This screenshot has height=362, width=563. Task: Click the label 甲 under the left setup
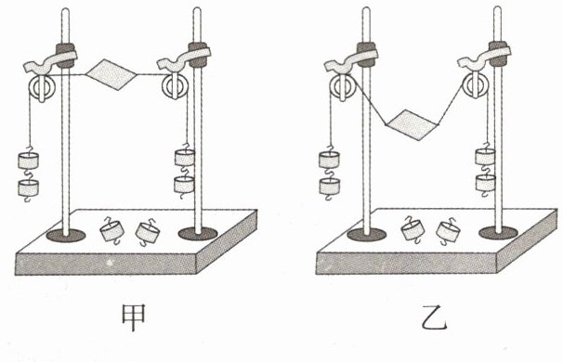click(x=134, y=317)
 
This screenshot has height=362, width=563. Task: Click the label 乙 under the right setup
click(x=435, y=317)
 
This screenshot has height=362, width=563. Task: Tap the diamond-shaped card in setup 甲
click(x=111, y=75)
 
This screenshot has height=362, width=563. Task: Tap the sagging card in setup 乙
click(x=412, y=124)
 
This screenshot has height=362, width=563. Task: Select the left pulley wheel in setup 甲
click(x=42, y=88)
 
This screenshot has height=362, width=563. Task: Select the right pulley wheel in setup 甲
click(x=176, y=86)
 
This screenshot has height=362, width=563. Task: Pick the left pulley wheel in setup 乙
click(x=343, y=88)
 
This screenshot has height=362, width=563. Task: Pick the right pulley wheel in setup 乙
click(x=476, y=86)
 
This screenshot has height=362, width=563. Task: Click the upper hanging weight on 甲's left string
click(x=28, y=160)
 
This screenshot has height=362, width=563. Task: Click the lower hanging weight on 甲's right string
click(x=184, y=185)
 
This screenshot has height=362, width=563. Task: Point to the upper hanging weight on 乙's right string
click(x=486, y=157)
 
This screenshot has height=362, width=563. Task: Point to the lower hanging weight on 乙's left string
click(x=329, y=186)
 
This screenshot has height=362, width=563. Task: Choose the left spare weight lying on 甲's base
click(x=111, y=231)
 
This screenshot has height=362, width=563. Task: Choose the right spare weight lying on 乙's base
click(x=449, y=231)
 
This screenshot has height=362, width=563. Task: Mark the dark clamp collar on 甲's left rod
click(x=65, y=56)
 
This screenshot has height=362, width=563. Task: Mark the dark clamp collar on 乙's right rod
click(x=498, y=54)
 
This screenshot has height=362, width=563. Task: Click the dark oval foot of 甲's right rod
click(x=198, y=234)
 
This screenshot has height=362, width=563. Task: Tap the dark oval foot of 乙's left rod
click(x=367, y=234)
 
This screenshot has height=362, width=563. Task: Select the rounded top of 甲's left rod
click(x=65, y=11)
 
